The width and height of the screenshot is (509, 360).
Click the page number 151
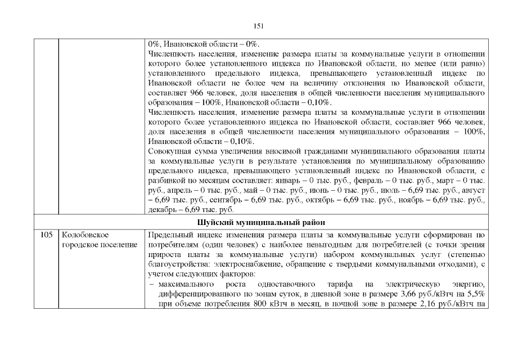point(259,26)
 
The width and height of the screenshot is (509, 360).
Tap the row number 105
point(46,235)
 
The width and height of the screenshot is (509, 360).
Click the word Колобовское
point(84,235)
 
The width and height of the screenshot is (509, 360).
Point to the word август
point(473,190)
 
